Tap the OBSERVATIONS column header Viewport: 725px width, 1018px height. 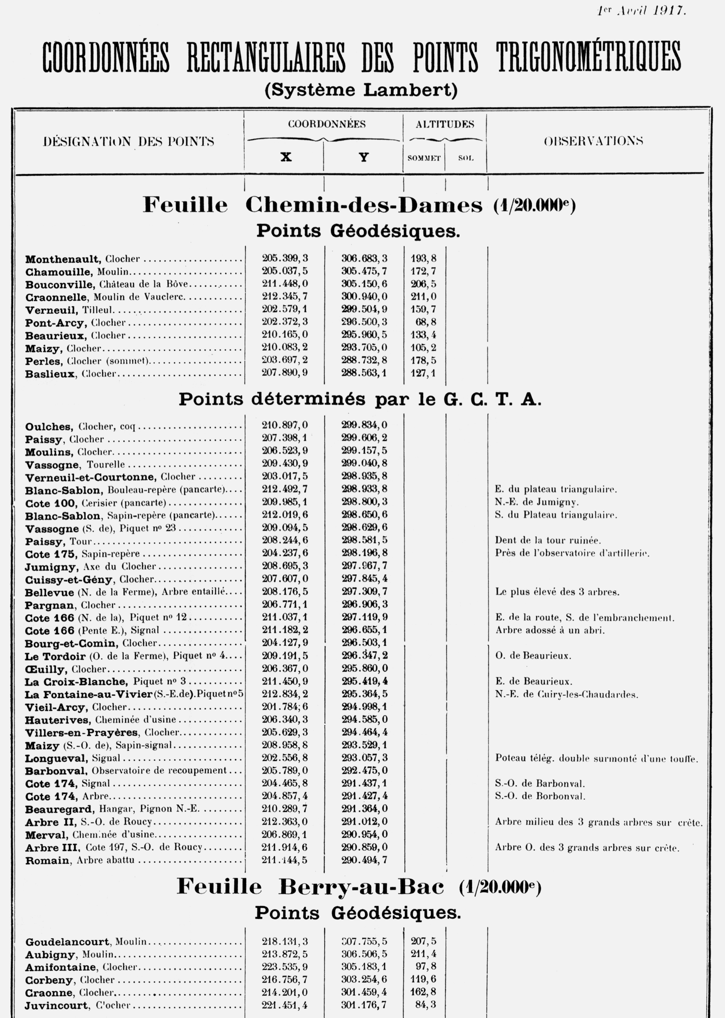pyautogui.click(x=593, y=141)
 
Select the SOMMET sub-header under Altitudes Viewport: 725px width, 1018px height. pyautogui.click(x=424, y=158)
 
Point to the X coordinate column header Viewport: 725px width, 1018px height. pyautogui.click(x=286, y=157)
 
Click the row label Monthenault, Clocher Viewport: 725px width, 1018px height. pyautogui.click(x=83, y=259)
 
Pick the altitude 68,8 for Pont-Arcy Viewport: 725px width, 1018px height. pyautogui.click(x=426, y=322)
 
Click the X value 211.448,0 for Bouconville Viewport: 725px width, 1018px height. pyautogui.click(x=285, y=284)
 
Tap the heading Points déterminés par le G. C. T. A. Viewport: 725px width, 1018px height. pyautogui.click(x=360, y=399)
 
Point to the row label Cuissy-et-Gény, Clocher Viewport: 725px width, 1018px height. pyautogui.click(x=89, y=579)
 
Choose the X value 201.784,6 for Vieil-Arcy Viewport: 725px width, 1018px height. pyautogui.click(x=285, y=707)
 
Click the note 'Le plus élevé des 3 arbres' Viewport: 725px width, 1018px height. pyautogui.click(x=557, y=592)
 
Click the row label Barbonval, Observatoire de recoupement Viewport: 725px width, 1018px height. pyautogui.click(x=126, y=771)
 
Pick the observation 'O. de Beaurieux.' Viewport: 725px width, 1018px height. pyautogui.click(x=533, y=656)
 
